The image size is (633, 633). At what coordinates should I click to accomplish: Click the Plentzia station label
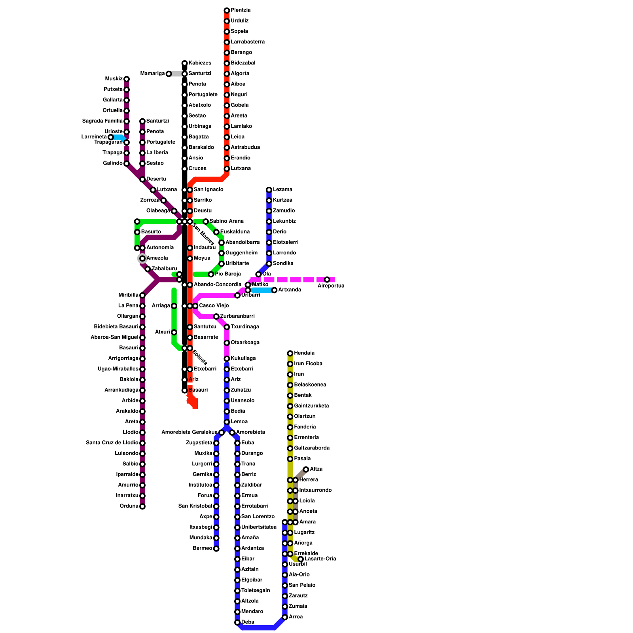[x=241, y=10]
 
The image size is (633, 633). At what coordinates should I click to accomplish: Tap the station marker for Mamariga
[x=169, y=74]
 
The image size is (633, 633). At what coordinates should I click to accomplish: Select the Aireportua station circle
[x=327, y=280]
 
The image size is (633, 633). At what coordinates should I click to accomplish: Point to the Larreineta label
[x=94, y=137]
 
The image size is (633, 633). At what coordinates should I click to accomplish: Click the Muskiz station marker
[x=127, y=79]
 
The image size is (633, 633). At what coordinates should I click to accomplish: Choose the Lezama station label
[x=282, y=190]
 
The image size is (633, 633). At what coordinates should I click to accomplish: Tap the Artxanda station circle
[x=274, y=290]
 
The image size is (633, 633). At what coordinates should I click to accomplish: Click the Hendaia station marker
[x=290, y=353]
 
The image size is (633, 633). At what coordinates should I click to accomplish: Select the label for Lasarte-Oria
[x=320, y=559]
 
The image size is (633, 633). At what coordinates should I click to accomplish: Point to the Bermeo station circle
[x=216, y=549]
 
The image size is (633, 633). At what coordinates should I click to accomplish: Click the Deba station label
[x=248, y=622]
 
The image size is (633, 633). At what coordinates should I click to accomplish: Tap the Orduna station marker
[x=142, y=506]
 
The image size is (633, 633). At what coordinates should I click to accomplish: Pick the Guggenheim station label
[x=241, y=253]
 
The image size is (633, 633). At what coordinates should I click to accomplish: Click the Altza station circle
[x=306, y=470]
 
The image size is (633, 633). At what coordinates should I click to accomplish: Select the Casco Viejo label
[x=214, y=306]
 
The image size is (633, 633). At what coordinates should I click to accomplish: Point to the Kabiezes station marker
[x=184, y=63]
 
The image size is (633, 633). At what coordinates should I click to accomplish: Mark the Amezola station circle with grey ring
[x=142, y=258]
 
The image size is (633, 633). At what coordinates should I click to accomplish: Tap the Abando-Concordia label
[x=217, y=285]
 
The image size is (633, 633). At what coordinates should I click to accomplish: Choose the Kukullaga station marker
[x=227, y=359]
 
